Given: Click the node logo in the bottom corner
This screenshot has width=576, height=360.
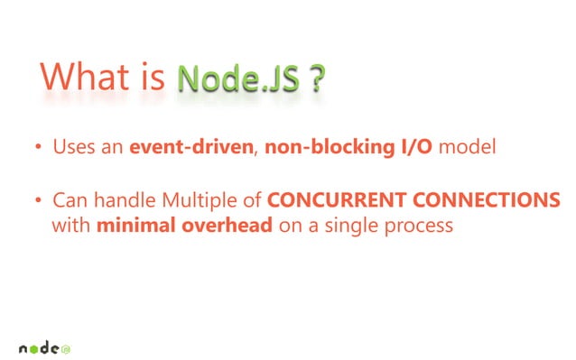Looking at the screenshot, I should [x=45, y=346].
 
